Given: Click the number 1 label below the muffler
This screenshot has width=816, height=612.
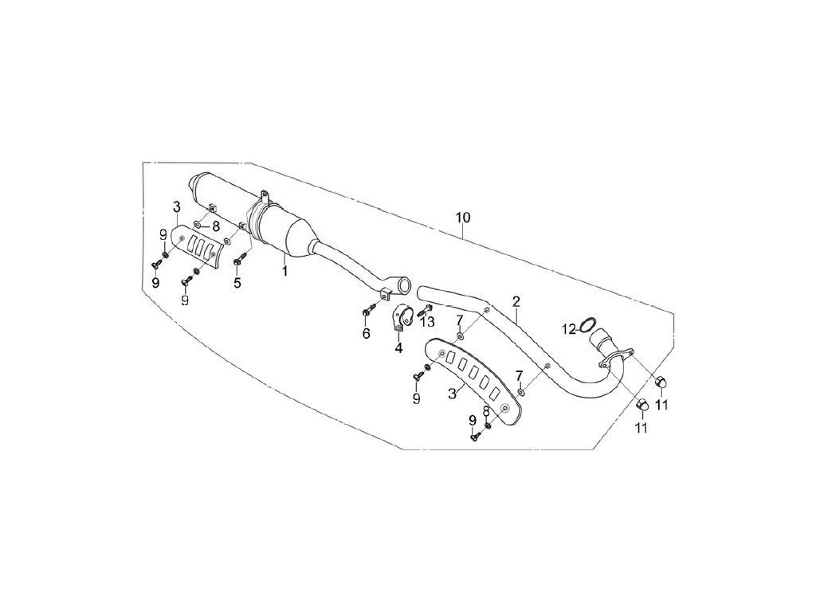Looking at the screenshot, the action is tap(283, 271).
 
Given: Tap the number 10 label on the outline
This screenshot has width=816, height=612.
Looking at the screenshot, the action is tap(463, 218).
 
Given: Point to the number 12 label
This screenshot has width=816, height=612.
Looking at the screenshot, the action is tap(568, 328).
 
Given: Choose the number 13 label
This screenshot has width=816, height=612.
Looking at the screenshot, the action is tap(429, 321).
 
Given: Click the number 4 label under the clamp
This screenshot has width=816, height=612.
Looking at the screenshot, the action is tap(398, 347).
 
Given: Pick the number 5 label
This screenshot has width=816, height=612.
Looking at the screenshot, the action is tap(237, 282).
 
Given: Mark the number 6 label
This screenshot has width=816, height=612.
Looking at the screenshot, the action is tap(366, 333).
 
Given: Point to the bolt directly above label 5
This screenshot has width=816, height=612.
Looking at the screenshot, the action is tap(238, 259).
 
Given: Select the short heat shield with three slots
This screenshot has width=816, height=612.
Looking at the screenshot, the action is tap(198, 248).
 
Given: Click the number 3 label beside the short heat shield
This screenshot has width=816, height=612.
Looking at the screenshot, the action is tap(175, 207).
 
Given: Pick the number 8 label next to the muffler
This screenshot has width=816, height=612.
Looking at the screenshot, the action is tap(215, 226).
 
